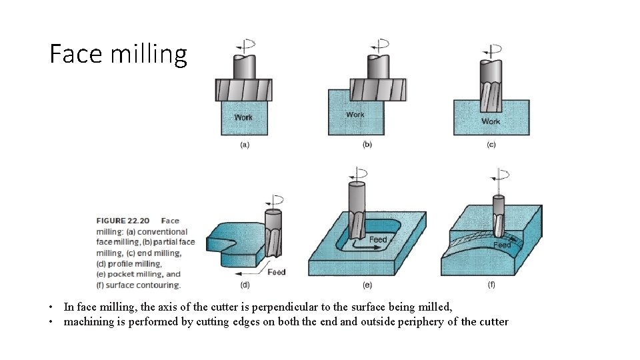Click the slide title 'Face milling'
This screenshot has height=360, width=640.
coord(119,54)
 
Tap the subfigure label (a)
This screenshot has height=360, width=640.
coord(245,146)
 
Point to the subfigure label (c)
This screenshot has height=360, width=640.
coord(491,145)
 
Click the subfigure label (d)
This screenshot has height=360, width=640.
coord(245,285)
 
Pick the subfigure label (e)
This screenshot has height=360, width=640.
coord(367,285)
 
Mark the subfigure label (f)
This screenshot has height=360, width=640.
coord(491,285)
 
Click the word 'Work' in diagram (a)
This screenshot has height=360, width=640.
coord(243,117)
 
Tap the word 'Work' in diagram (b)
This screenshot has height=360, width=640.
coord(355,115)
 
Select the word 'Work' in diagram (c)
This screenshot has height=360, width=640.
coord(491,121)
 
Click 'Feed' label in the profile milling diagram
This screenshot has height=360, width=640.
coord(276,272)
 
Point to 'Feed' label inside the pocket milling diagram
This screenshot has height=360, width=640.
coord(377,239)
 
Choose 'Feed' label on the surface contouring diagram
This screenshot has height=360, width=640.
coord(502,245)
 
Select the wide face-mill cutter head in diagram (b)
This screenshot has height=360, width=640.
coord(378,90)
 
